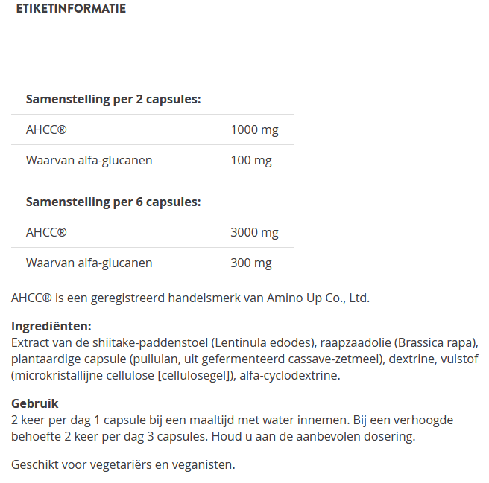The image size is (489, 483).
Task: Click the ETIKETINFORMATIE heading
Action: pos(71,9)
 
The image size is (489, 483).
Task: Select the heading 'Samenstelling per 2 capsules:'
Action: pos(113,99)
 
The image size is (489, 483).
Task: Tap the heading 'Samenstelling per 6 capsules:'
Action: pos(113,202)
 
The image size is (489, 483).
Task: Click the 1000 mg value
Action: pos(254,130)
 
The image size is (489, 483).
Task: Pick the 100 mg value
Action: pos(251,160)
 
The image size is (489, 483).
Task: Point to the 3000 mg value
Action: pos(254,233)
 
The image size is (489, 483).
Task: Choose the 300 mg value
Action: pos(251,263)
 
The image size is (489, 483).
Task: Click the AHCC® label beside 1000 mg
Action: pos(46,130)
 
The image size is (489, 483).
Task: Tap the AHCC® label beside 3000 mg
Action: pos(46,233)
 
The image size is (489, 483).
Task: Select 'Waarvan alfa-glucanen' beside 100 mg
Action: pos(89,160)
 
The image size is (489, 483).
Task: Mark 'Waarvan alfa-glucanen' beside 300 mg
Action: pos(89,263)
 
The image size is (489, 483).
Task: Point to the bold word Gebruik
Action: pos(34,403)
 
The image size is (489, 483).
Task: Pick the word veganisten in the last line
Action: pos(205,465)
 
